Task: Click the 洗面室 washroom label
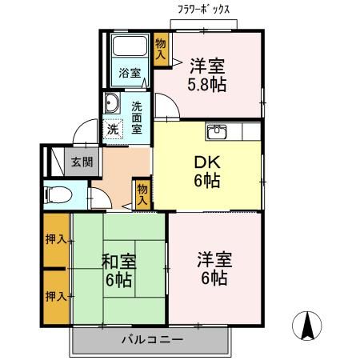click(138, 116)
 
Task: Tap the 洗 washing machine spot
click(114, 128)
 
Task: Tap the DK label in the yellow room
click(207, 162)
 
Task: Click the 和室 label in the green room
click(118, 262)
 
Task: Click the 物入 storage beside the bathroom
click(162, 50)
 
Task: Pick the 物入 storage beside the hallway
click(142, 194)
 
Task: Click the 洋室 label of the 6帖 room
click(214, 260)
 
